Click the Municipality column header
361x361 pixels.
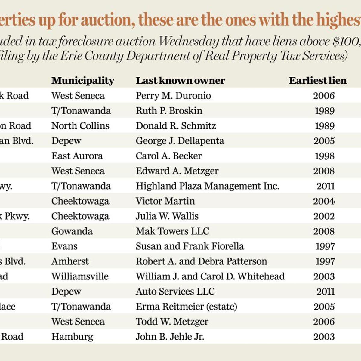(x=83, y=81)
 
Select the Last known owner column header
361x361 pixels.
(x=180, y=81)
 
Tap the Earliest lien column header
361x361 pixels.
(x=318, y=81)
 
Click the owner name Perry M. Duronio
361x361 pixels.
(x=173, y=96)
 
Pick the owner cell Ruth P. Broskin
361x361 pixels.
(x=169, y=111)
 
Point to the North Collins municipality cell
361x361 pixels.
(x=80, y=126)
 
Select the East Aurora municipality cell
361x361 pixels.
(x=77, y=156)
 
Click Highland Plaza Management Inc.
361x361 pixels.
(x=207, y=186)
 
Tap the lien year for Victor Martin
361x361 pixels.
(x=324, y=201)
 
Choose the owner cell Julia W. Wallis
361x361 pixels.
(x=167, y=216)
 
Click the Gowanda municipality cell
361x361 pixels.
(x=72, y=231)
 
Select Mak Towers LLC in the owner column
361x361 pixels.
(x=172, y=231)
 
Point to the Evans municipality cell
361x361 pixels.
(x=64, y=246)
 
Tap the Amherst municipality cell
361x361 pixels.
(x=70, y=261)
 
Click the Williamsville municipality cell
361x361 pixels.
(x=80, y=276)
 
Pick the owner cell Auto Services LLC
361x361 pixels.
(x=175, y=291)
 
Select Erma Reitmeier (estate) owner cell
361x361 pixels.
(x=186, y=306)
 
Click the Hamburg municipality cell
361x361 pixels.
(x=72, y=336)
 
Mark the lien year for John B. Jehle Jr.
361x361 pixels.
(x=324, y=336)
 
